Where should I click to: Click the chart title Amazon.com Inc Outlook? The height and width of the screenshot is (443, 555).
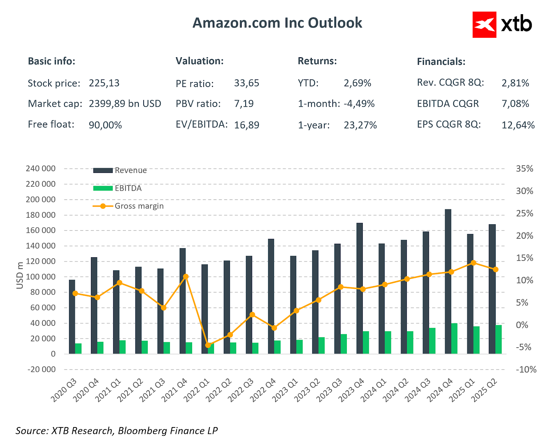[x=277, y=23]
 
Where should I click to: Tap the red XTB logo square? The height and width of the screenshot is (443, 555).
[x=484, y=25]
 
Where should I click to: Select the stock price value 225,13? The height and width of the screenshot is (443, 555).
[x=104, y=83]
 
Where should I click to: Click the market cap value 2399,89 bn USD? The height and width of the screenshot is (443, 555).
[x=125, y=104]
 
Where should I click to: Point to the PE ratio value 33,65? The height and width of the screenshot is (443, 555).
[x=247, y=83]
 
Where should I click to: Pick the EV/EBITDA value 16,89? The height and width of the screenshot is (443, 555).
[x=247, y=125]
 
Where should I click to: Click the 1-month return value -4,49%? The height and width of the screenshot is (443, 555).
[x=359, y=104]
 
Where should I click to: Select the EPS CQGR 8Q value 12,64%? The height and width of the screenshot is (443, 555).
[x=518, y=125]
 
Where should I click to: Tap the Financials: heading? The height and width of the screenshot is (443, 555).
[x=441, y=62]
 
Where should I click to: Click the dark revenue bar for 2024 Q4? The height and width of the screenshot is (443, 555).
[x=448, y=281]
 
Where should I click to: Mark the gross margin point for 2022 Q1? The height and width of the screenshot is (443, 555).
[x=208, y=345]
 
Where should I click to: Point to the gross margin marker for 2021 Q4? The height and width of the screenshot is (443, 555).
[x=186, y=277]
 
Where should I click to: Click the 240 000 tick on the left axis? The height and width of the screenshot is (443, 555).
[x=41, y=169]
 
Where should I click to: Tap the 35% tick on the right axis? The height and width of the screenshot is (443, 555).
[x=524, y=169]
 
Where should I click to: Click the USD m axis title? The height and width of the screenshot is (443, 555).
[x=20, y=275]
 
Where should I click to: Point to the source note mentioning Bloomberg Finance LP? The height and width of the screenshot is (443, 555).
[x=117, y=431]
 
